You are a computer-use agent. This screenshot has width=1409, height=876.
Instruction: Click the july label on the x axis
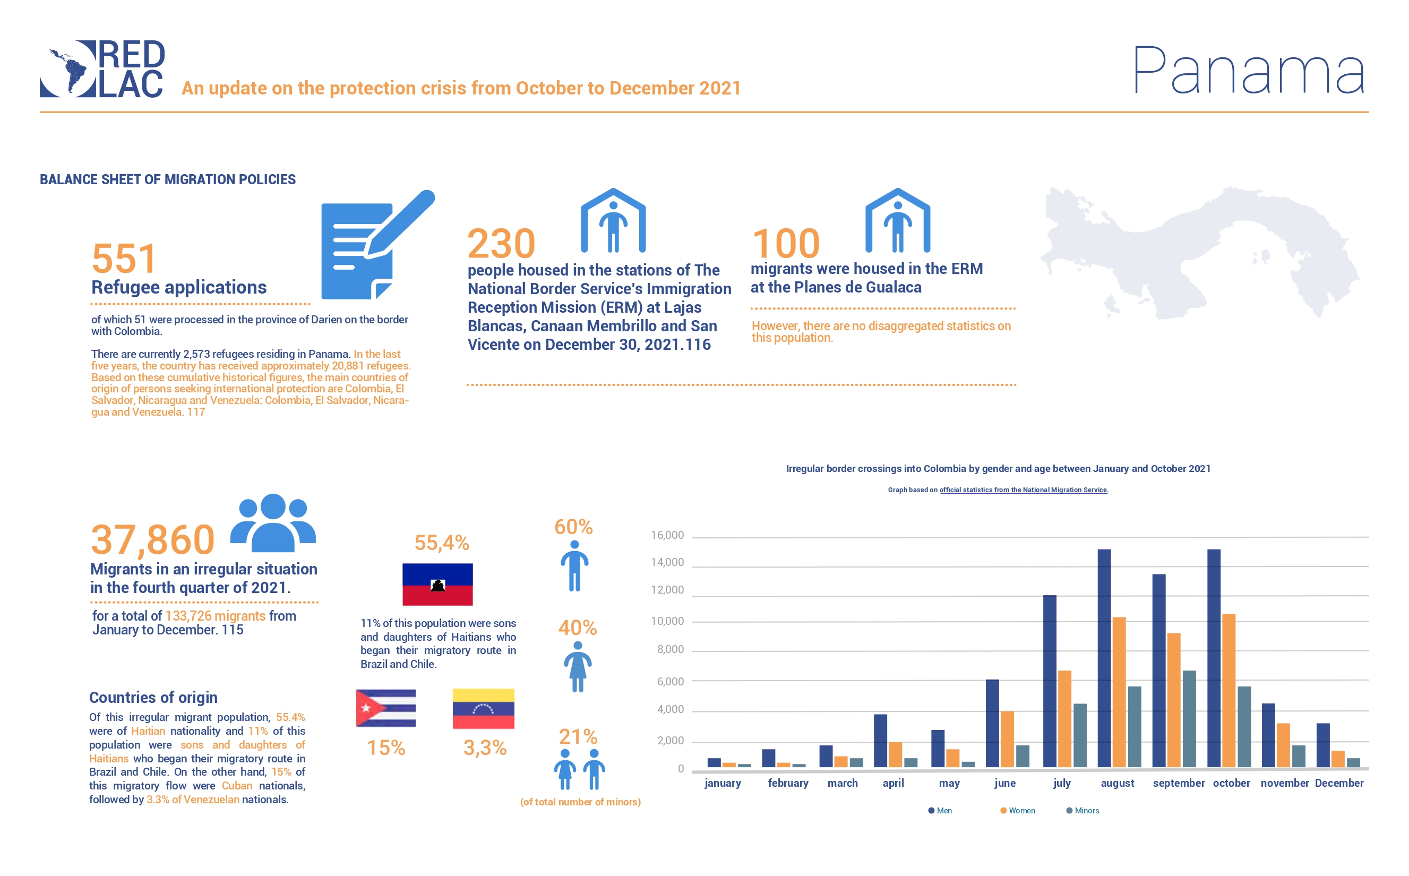click(1061, 783)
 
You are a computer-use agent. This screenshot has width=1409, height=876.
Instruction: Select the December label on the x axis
click(1339, 783)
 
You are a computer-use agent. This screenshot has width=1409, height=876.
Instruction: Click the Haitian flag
click(437, 584)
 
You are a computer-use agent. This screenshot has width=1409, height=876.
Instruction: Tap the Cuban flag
click(386, 708)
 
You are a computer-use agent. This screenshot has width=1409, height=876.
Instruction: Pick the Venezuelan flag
click(483, 709)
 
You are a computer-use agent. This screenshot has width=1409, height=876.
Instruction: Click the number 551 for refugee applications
click(124, 259)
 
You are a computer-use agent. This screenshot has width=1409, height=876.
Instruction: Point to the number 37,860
click(153, 539)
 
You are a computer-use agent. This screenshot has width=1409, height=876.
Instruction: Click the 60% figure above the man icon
click(573, 527)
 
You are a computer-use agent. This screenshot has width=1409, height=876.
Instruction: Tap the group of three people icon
click(273, 522)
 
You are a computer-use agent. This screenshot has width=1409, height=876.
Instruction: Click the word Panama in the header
click(1249, 71)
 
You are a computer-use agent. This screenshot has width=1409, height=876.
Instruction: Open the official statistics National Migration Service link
click(1023, 490)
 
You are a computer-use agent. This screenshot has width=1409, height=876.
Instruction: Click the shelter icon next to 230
click(613, 221)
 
